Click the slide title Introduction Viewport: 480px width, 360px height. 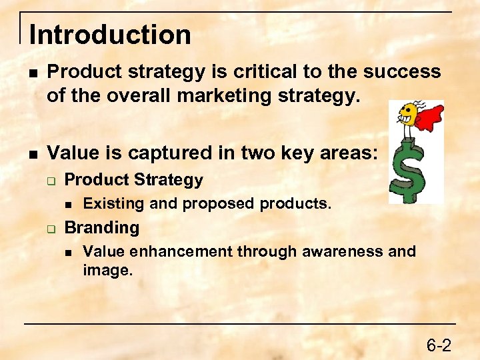pos(110,35)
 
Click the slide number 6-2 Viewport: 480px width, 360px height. pos(439,345)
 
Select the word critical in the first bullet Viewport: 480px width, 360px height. pos(242,71)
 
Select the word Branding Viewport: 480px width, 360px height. pos(101,227)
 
